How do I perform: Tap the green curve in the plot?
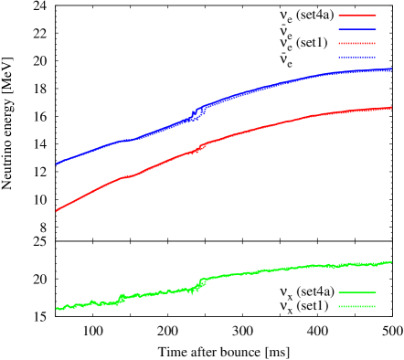[x=274, y=270]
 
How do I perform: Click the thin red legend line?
[x=356, y=16]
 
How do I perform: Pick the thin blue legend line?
[x=356, y=29]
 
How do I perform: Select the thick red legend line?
[x=356, y=43]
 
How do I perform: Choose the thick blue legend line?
[x=356, y=57]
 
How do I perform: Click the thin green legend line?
[x=356, y=292]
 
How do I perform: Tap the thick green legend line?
[x=356, y=306]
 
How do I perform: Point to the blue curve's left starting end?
[x=57, y=164]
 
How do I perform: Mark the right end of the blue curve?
[x=391, y=69]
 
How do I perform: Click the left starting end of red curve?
[x=57, y=210]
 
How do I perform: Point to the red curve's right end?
[x=391, y=108]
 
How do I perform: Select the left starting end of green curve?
[x=57, y=308]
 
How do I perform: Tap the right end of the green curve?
[x=391, y=262]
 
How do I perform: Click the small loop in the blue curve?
[x=197, y=113]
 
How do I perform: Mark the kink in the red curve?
[x=200, y=146]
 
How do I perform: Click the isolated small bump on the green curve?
[x=122, y=297]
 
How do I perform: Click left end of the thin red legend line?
[x=339, y=16]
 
